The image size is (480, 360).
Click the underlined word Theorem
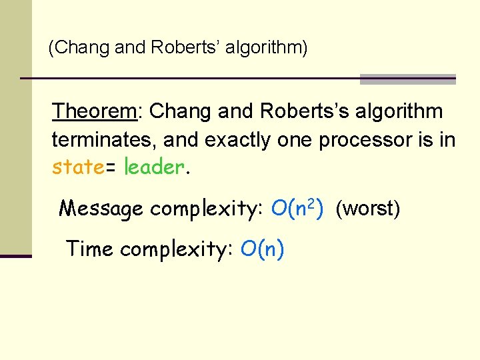pos(95,111)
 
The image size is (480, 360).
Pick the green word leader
pos(153,167)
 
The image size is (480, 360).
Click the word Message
pos(101,209)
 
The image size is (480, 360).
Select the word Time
pos(89,249)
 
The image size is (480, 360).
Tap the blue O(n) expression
pos(263,249)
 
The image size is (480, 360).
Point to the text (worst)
pos(368,209)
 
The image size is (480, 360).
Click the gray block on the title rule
pos(407,79)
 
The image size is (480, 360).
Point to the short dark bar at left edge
pos(15,255)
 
